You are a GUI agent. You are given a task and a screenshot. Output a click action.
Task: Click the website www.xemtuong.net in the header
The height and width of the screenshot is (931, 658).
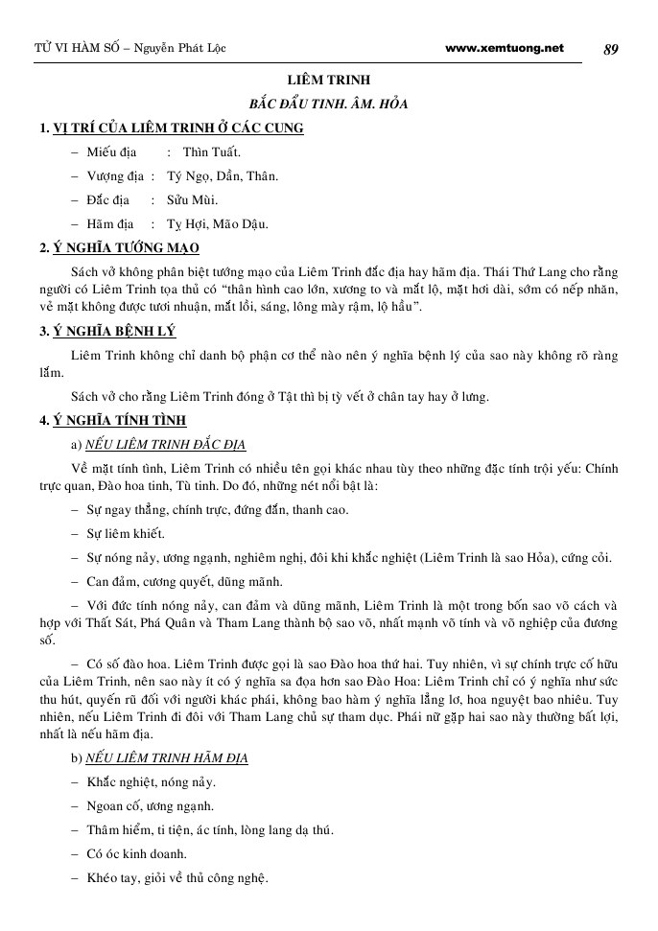(505, 48)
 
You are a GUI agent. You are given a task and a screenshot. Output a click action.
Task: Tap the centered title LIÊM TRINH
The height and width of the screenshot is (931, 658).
(329, 81)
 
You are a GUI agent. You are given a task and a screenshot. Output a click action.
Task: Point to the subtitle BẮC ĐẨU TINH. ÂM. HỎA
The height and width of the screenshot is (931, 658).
(329, 104)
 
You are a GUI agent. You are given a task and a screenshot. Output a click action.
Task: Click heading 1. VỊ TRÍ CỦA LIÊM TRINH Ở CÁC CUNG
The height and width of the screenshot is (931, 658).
(172, 128)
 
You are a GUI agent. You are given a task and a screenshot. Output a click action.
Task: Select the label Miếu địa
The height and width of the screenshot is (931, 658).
(111, 151)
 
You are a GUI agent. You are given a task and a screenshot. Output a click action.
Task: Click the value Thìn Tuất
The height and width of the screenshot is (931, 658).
(212, 151)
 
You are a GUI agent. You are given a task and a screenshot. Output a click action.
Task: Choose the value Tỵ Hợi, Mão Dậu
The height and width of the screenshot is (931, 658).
(217, 224)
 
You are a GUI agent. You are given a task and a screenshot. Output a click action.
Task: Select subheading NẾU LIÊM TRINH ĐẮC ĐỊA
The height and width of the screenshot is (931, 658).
(165, 444)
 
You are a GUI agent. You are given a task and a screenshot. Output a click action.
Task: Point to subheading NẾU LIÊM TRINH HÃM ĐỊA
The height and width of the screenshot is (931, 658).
(166, 758)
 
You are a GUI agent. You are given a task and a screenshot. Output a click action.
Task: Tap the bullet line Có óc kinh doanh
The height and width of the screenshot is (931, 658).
(137, 854)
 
